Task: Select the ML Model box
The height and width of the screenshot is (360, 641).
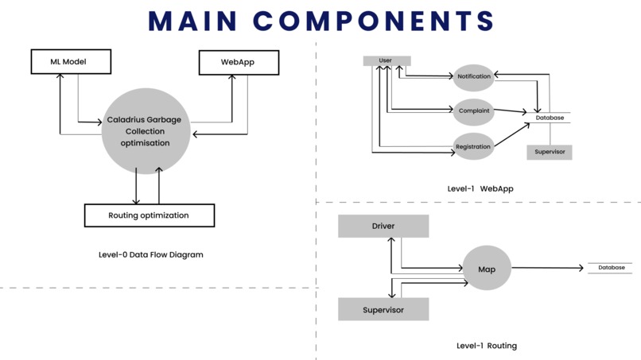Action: pyautogui.click(x=69, y=62)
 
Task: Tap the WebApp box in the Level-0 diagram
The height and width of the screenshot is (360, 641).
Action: pyautogui.click(x=238, y=62)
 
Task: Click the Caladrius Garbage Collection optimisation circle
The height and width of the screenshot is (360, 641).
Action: pyautogui.click(x=145, y=131)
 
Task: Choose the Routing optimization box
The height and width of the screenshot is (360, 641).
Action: pyautogui.click(x=149, y=215)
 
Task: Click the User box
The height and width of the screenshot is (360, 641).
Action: pyautogui.click(x=386, y=60)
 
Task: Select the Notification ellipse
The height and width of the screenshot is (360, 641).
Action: pyautogui.click(x=474, y=77)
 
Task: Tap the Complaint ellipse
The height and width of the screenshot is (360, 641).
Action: pyautogui.click(x=474, y=111)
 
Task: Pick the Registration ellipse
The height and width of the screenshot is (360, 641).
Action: pyautogui.click(x=474, y=146)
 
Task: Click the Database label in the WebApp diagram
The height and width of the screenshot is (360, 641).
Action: pyautogui.click(x=550, y=118)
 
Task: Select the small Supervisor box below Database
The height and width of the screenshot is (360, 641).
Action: pyautogui.click(x=550, y=152)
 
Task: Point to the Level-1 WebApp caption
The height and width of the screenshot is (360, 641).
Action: pyautogui.click(x=480, y=188)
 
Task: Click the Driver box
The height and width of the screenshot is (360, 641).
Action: pyautogui.click(x=383, y=226)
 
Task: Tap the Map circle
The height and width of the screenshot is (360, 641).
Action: pyautogui.click(x=487, y=269)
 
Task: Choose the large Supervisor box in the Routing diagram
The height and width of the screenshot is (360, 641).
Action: pyautogui.click(x=383, y=309)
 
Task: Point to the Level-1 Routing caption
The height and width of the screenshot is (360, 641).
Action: pyautogui.click(x=487, y=346)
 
